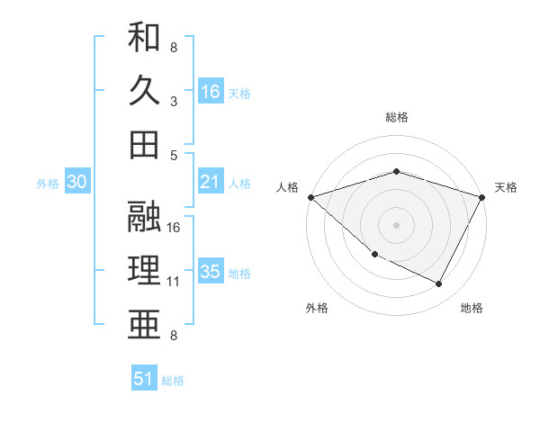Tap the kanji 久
pyautogui.click(x=145, y=90)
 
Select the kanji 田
pyautogui.click(x=145, y=144)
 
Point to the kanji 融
pyautogui.click(x=145, y=215)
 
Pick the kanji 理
pyautogui.click(x=145, y=269)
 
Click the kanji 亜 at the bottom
pyautogui.click(x=145, y=322)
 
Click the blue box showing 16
pyautogui.click(x=211, y=92)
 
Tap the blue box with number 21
pyautogui.click(x=211, y=182)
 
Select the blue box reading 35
pyautogui.click(x=211, y=272)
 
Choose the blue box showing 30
pyautogui.click(x=76, y=182)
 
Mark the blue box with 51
pyautogui.click(x=144, y=379)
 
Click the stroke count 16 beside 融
pyautogui.click(x=175, y=227)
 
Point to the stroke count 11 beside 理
pyautogui.click(x=175, y=282)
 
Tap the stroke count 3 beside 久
pyautogui.click(x=174, y=101)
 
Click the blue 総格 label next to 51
pyautogui.click(x=173, y=381)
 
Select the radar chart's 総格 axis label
pyautogui.click(x=396, y=117)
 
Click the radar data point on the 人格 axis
pyautogui.click(x=310, y=197)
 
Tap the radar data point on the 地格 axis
pyautogui.click(x=439, y=284)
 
